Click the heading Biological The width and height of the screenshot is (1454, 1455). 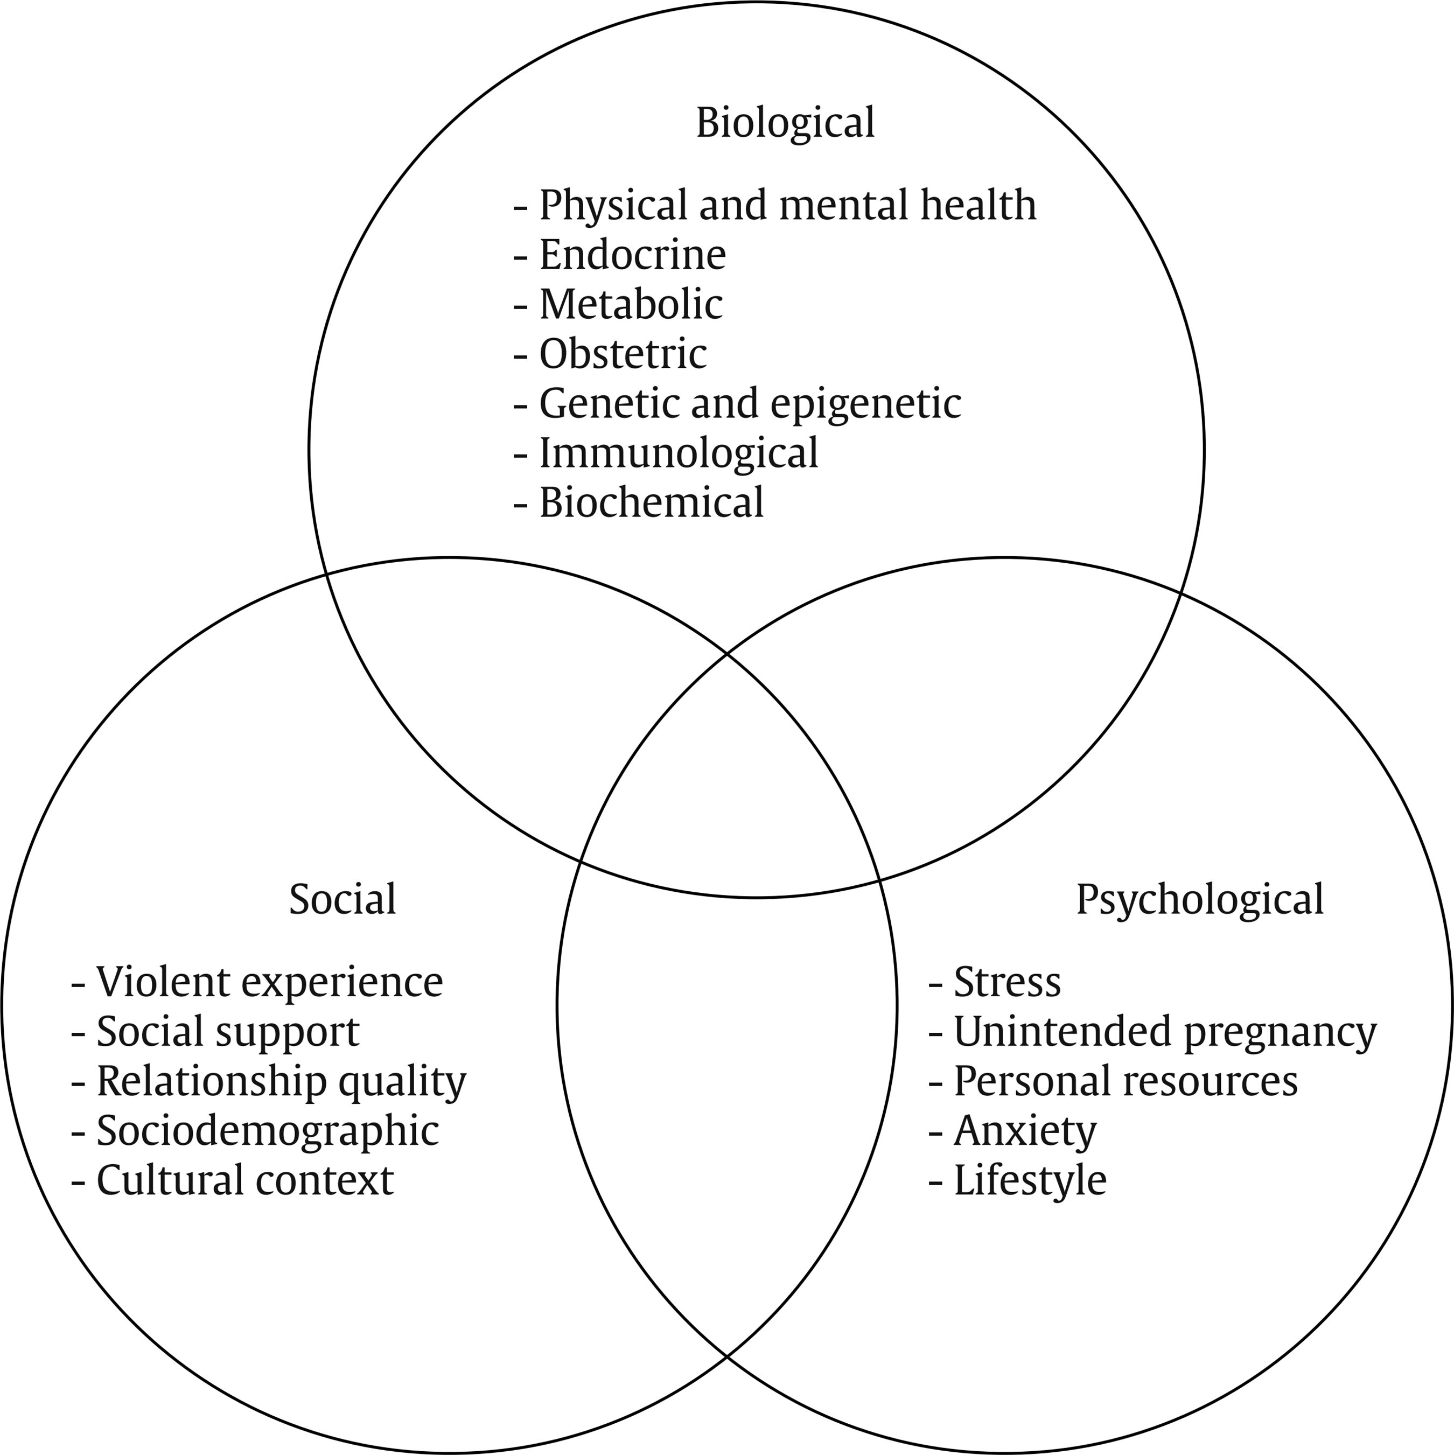(785, 123)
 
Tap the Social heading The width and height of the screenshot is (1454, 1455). (342, 899)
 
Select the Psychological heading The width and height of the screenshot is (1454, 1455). (1199, 899)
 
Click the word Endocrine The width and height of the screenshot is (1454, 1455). (633, 255)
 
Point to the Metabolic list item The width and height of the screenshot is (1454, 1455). (631, 304)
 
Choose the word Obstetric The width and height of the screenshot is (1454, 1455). (623, 354)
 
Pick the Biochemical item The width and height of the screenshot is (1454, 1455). (651, 502)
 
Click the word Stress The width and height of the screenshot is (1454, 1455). (1006, 982)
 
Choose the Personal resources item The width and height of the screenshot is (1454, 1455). (1126, 1081)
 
